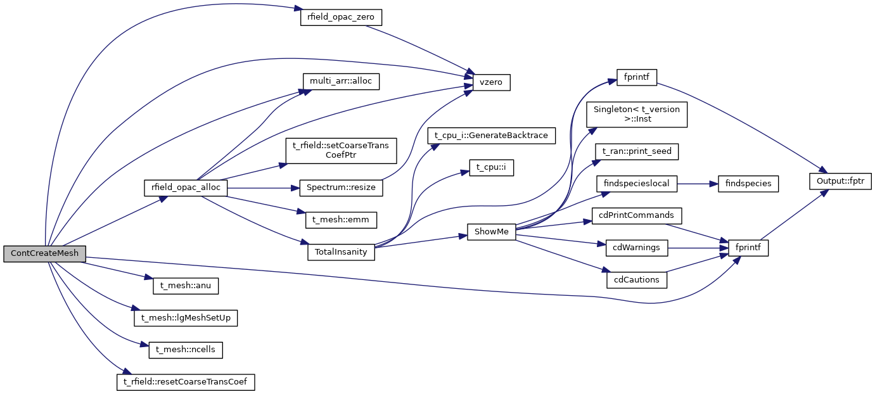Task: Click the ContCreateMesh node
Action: (44, 253)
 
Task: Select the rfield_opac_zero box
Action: (341, 17)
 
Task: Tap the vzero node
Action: (491, 82)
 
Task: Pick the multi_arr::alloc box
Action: (341, 81)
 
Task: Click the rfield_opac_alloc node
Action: (186, 187)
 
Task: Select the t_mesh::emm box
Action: (341, 220)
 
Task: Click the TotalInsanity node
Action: (342, 251)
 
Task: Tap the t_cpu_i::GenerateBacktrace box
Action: (492, 136)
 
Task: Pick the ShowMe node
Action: (492, 231)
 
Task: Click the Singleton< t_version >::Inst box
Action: (636, 114)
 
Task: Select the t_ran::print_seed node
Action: (637, 152)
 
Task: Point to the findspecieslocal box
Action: (637, 184)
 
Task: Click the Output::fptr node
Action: (841, 181)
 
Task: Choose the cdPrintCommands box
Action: (637, 215)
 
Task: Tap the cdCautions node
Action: (637, 279)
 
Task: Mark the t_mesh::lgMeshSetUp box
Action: (186, 317)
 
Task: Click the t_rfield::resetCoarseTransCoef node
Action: (186, 382)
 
